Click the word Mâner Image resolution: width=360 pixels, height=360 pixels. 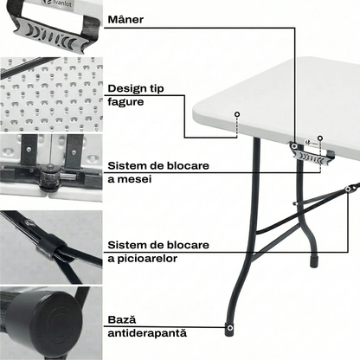point(125,20)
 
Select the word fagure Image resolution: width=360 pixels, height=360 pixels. point(125,102)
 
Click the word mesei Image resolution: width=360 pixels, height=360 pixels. point(134,179)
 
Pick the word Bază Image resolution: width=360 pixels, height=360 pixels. point(122,319)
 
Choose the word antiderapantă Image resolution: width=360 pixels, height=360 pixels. point(147,333)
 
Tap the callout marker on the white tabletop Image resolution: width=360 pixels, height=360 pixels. point(237,114)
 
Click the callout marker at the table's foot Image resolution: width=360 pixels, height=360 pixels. point(229,328)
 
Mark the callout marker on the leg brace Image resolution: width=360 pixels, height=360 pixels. point(348,190)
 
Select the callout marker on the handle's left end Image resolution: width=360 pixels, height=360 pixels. point(294,146)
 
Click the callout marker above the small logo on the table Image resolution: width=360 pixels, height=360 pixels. point(319,138)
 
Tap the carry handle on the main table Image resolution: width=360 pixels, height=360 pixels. point(312,154)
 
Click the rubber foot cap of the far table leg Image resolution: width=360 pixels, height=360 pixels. point(314,261)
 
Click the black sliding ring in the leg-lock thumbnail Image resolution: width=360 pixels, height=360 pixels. point(51,245)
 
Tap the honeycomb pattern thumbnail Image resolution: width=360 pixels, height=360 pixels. point(51,94)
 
